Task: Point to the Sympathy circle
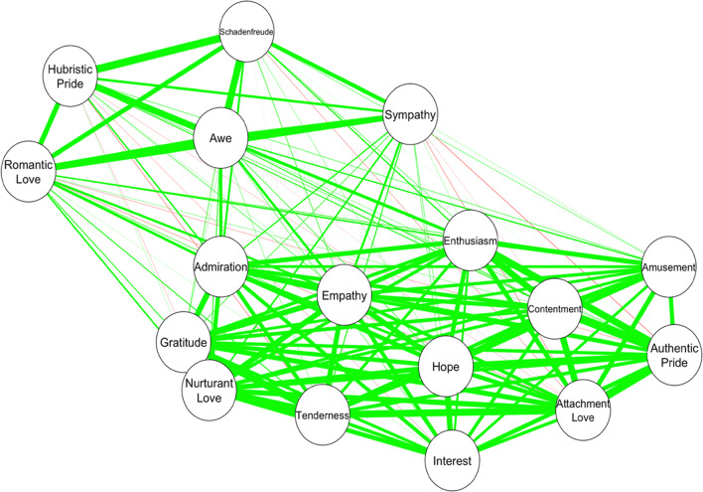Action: (x=410, y=115)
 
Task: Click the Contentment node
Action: (x=555, y=309)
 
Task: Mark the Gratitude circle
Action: (x=184, y=344)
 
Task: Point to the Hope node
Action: (x=445, y=367)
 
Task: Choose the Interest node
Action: (x=453, y=461)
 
